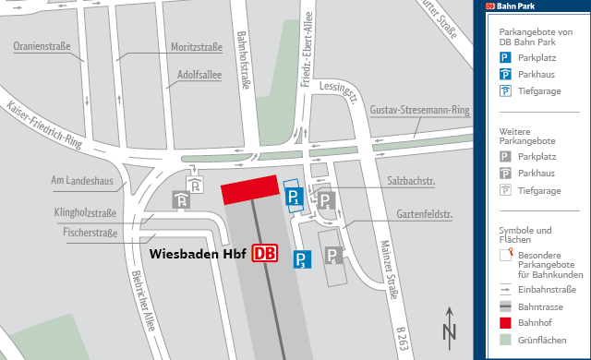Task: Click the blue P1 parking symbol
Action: pos(293,197)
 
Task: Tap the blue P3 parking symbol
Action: pos(302,259)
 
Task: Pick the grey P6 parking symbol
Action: pos(332,256)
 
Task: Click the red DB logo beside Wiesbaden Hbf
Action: pos(266,253)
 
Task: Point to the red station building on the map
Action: pos(249,190)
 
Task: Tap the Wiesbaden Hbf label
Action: pos(198,253)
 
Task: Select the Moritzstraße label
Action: pos(196,46)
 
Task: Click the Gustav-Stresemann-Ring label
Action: pos(419,111)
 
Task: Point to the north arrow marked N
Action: pos(449,328)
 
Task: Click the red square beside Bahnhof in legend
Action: pos(505,321)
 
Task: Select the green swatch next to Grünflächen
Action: pos(505,339)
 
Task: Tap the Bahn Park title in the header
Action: pos(520,6)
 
